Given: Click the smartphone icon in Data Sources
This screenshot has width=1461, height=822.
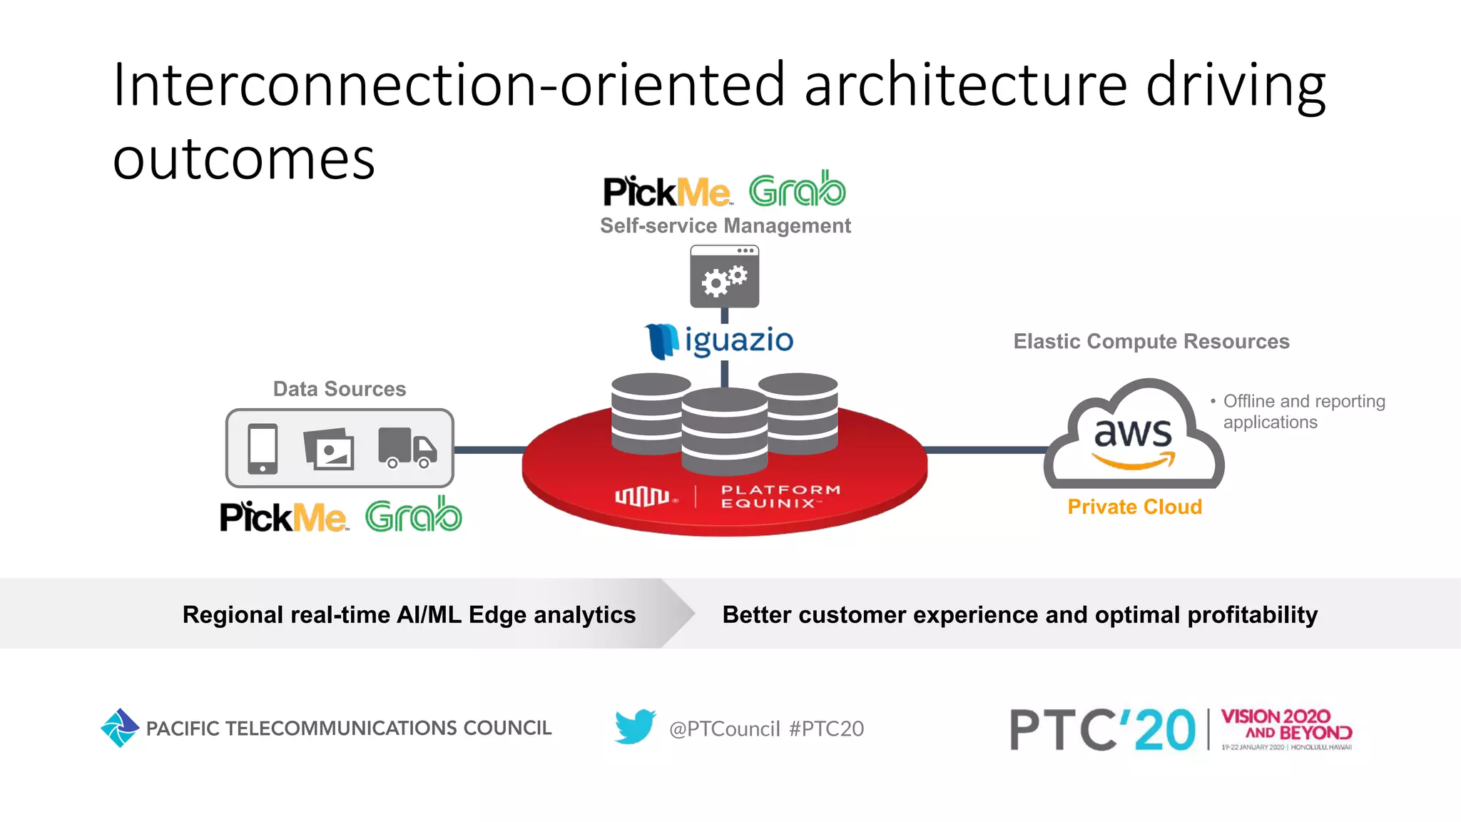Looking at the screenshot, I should click(x=263, y=448).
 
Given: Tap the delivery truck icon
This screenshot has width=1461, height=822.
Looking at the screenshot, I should click(x=407, y=447).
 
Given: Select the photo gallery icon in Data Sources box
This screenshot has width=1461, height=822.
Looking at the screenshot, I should click(x=329, y=449).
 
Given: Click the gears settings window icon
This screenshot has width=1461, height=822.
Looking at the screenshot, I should click(x=724, y=277).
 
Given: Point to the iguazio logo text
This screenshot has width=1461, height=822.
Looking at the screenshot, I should click(x=738, y=340).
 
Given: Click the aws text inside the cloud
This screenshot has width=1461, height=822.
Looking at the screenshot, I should click(x=1133, y=432).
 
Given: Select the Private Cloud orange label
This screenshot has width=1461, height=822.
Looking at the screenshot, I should click(x=1134, y=507).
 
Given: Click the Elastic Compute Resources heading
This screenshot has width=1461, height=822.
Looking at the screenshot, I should click(x=1151, y=342).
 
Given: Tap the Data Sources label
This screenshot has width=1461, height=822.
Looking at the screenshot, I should click(x=340, y=389).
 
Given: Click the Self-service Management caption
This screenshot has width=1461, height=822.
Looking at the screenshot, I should click(x=725, y=225).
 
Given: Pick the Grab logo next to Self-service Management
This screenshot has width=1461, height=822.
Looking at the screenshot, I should click(x=797, y=189).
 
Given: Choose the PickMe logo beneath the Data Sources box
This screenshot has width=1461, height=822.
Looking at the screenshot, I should click(x=283, y=517).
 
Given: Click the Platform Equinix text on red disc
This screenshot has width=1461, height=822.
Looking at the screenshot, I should click(x=780, y=497).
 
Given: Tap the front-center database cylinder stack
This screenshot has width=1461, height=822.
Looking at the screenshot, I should click(x=724, y=432).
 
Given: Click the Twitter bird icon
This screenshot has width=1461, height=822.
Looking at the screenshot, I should click(x=635, y=726).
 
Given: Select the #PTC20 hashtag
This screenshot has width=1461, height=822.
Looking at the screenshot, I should click(x=826, y=729).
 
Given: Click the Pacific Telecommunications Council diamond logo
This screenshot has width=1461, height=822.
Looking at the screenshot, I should click(x=120, y=728).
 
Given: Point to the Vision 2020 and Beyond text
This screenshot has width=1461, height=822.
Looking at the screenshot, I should click(x=1286, y=724).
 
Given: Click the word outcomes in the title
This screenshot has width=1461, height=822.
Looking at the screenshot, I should click(x=244, y=159).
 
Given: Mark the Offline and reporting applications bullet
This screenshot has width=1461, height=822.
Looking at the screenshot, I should click(x=1303, y=412).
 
